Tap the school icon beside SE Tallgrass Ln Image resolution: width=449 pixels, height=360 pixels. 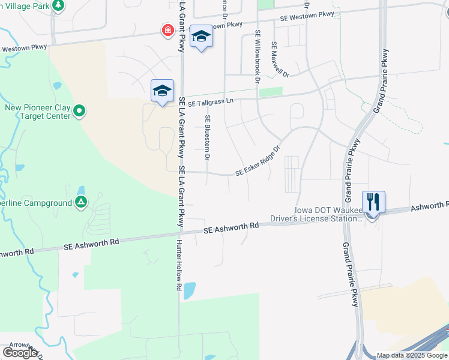click(x=162, y=91)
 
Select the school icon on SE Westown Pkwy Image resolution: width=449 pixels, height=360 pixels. click(x=201, y=37)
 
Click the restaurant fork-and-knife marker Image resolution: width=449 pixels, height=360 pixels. click(x=373, y=202)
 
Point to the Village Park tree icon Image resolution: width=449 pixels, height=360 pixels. click(x=58, y=6)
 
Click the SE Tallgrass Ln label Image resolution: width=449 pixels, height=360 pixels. click(x=209, y=102)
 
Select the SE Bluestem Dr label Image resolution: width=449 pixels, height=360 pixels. click(x=207, y=137)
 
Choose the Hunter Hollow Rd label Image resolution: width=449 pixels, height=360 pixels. click(x=179, y=265)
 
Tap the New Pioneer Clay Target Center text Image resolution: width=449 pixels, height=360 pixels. click(x=38, y=112)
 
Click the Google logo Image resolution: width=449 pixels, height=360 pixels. click(x=20, y=352)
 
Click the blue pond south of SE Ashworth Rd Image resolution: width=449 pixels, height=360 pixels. click(x=189, y=291)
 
